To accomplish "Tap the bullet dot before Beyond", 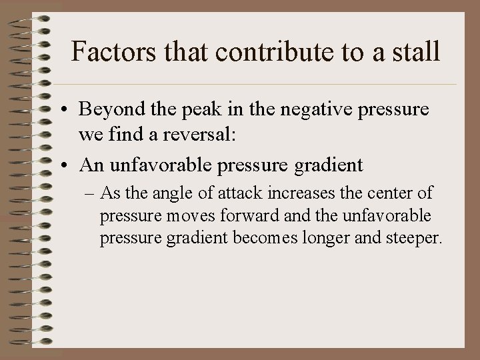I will (x=69, y=109).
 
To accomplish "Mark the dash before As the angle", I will (x=89, y=194).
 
